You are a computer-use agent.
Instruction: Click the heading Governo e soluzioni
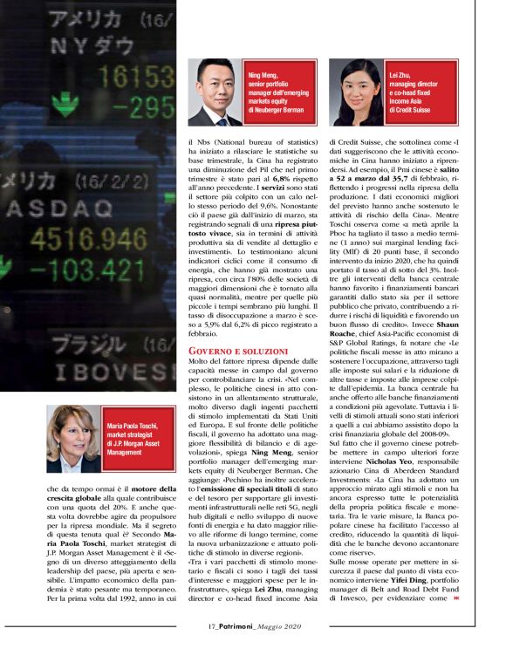229,351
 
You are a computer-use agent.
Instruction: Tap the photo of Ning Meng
216,92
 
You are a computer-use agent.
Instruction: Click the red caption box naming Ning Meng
280,92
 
